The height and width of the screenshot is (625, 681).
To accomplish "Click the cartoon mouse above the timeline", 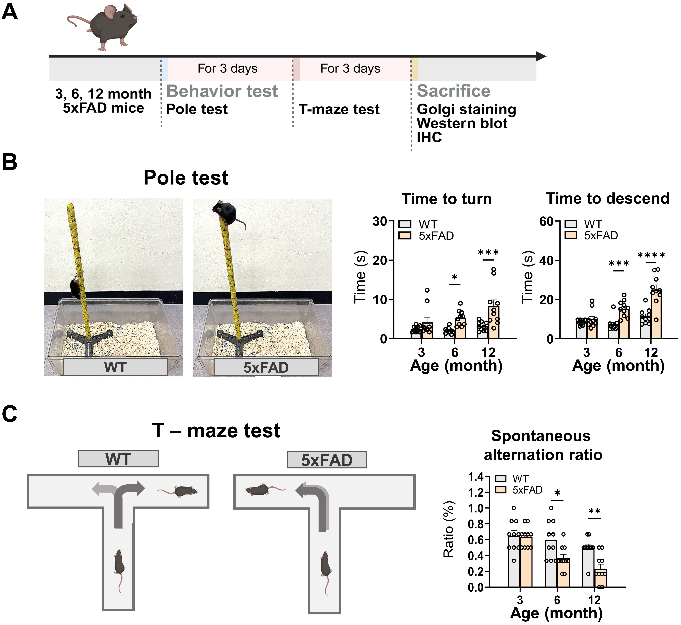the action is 103,27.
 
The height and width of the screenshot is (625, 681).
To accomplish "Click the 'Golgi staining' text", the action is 466,110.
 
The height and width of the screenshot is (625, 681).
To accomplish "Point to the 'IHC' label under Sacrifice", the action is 429,137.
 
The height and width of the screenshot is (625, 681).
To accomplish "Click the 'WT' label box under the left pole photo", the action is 115,367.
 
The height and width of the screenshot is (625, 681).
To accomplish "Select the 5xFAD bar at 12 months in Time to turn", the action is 494,322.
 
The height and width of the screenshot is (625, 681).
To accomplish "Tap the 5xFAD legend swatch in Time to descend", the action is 571,235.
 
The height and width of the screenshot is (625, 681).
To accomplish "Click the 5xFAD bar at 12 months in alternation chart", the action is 600,578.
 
